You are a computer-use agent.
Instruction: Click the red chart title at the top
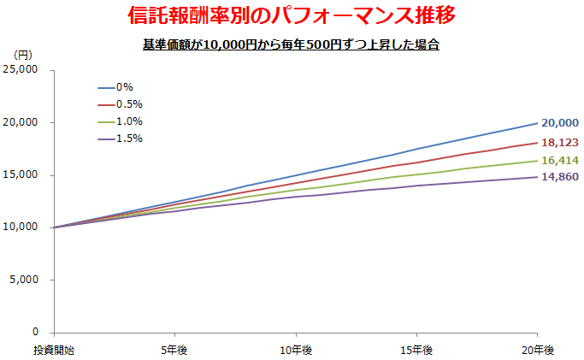[x=292, y=15]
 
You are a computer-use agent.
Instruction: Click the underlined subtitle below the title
[x=291, y=44]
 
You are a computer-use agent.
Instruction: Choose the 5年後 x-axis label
[x=174, y=350]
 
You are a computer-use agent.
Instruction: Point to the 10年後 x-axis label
[x=296, y=350]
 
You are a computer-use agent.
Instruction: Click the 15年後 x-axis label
[x=416, y=350]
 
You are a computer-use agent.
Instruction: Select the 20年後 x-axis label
[x=537, y=350]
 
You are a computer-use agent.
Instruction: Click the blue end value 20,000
[x=560, y=124]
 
